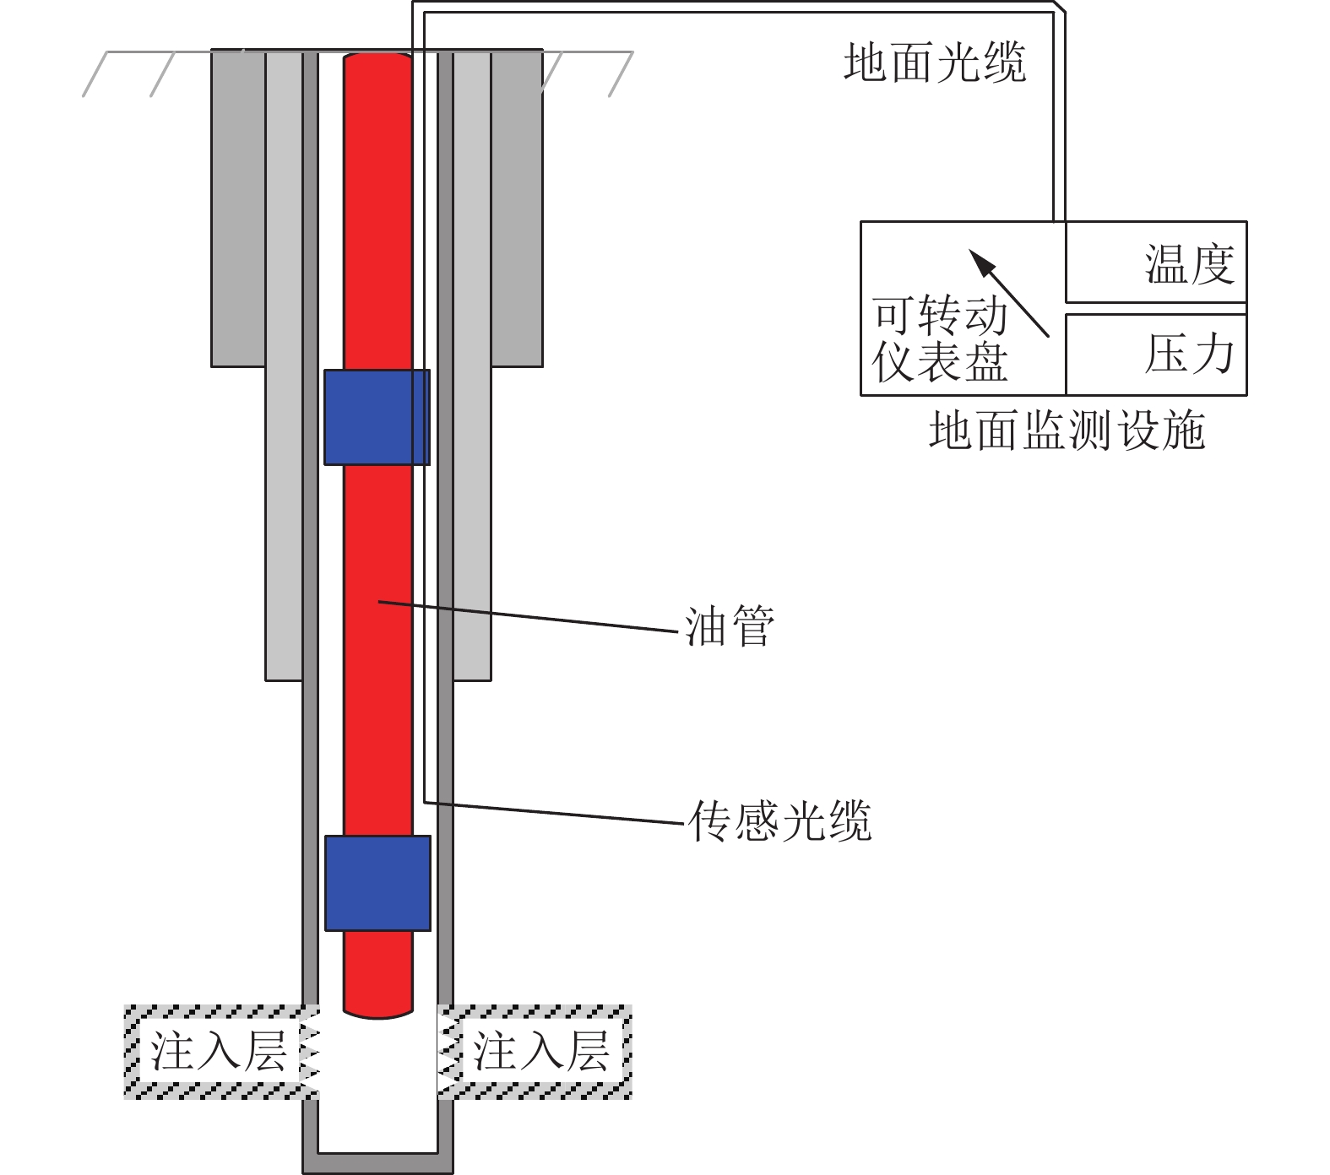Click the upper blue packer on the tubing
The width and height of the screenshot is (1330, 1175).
point(377,417)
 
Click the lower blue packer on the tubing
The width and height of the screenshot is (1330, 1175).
point(377,883)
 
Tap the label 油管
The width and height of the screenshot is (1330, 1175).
point(729,626)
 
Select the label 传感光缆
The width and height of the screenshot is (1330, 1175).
point(779,820)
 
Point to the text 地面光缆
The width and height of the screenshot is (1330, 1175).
point(935,63)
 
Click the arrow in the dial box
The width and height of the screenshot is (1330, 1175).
point(1008,292)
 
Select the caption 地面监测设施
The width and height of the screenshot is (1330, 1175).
point(1067,430)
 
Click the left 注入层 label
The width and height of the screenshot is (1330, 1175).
point(219,1052)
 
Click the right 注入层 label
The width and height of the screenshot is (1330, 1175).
point(541,1052)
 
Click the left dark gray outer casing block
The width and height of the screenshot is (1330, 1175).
point(238,207)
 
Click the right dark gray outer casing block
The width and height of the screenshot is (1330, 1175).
point(516,207)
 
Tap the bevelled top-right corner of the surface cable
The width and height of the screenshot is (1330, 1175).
point(1059,8)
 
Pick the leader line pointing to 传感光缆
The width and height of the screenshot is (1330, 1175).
point(553,812)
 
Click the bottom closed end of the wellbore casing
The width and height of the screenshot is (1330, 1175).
point(377,1162)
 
